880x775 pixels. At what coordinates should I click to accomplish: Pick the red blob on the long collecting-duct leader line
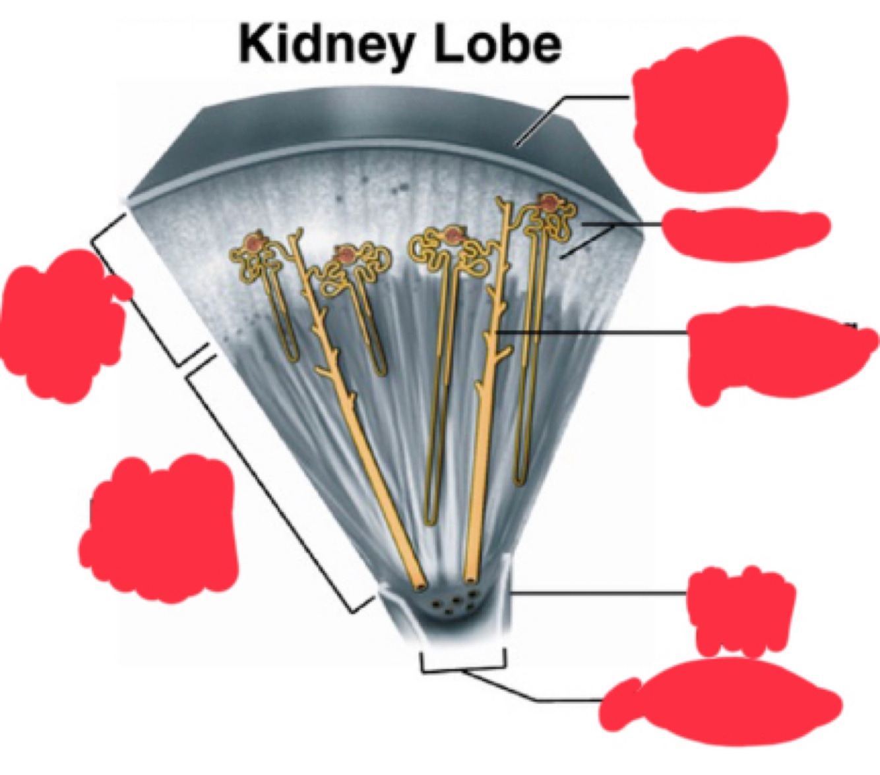[x=778, y=353]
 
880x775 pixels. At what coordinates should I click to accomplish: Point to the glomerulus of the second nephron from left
[x=345, y=254]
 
